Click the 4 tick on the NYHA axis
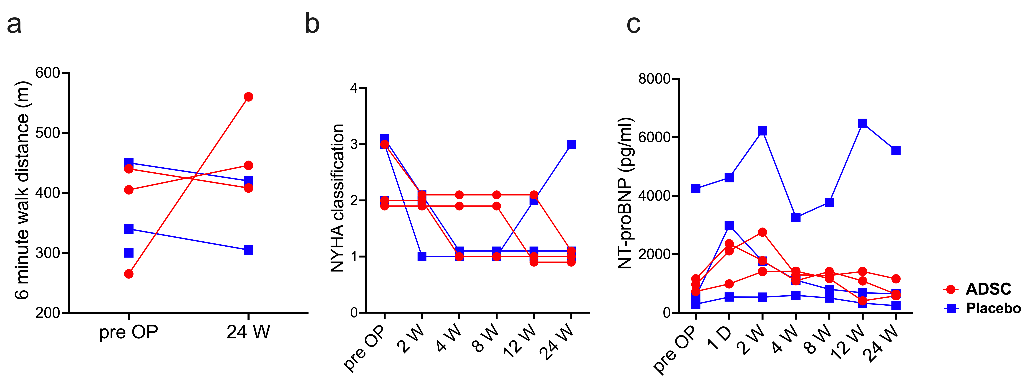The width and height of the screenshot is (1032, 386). point(354,88)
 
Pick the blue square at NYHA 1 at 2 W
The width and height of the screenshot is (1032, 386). point(422,257)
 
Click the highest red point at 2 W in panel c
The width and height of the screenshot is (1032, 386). point(762,232)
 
